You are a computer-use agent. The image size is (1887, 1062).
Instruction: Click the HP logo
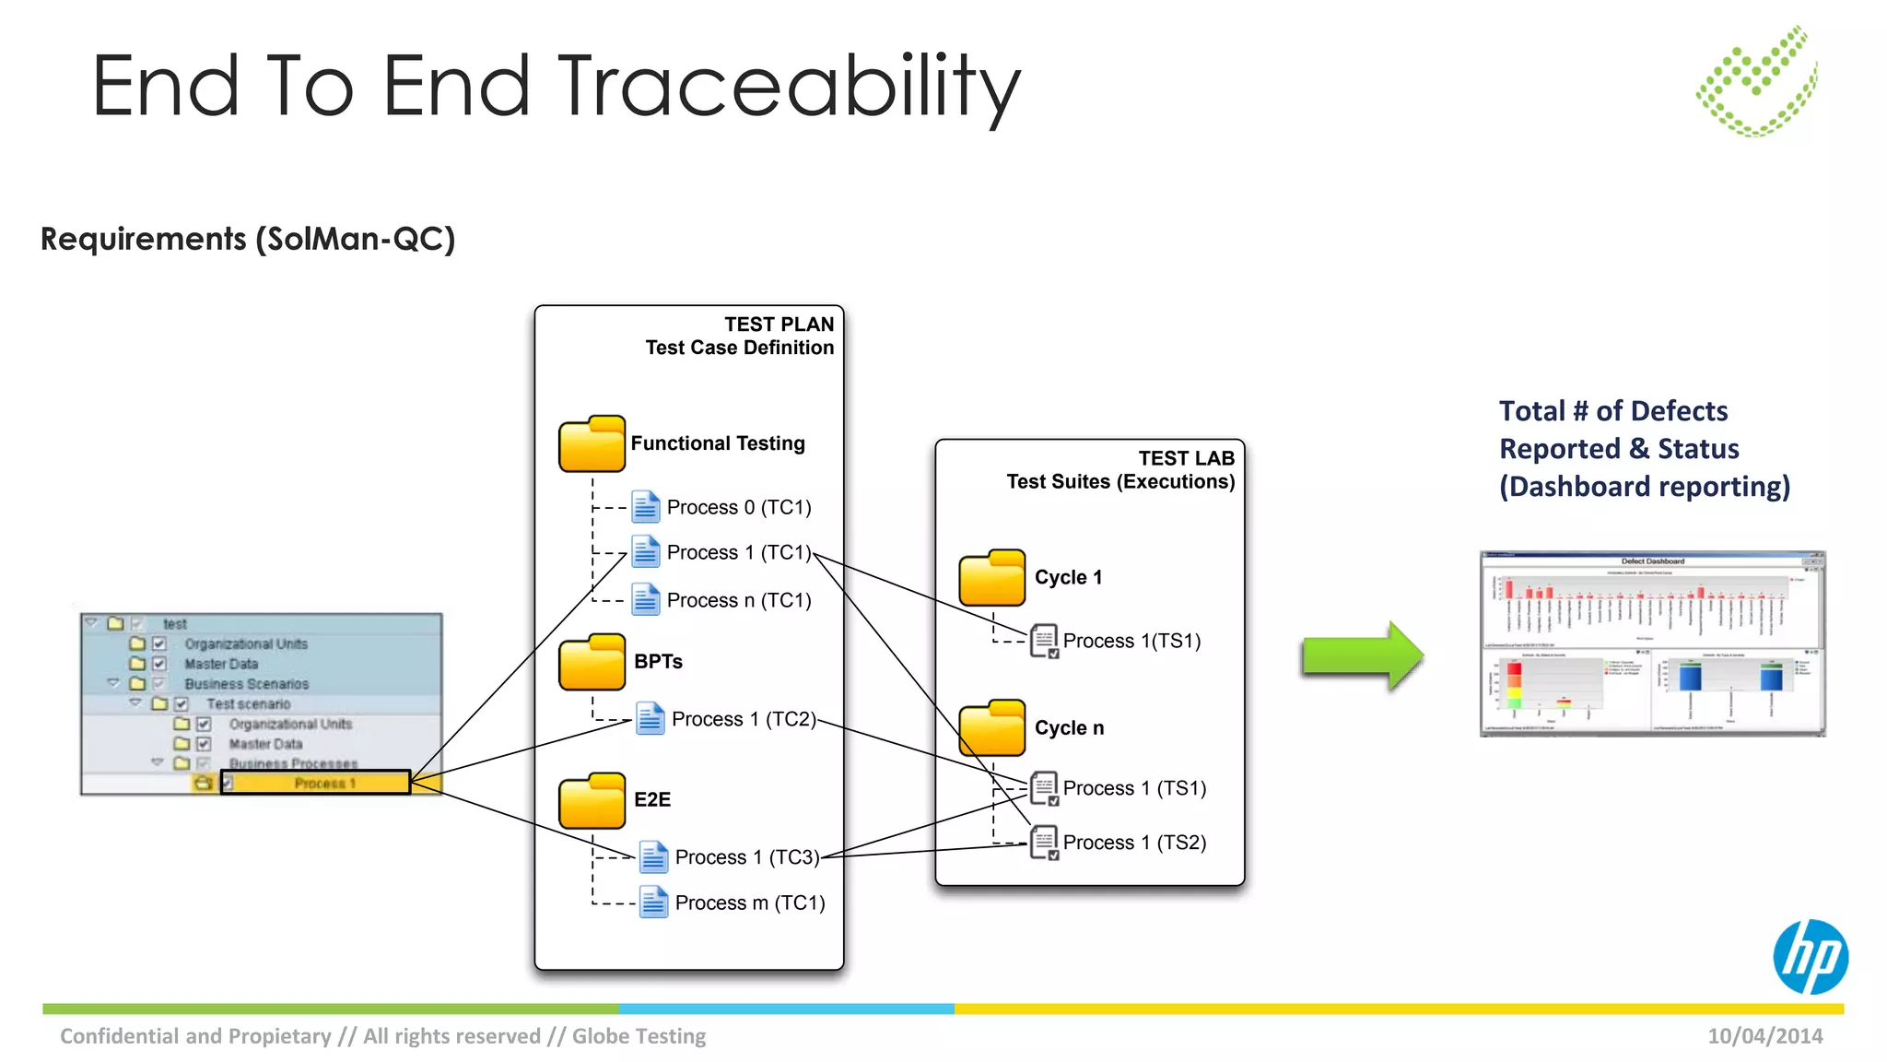[1810, 957]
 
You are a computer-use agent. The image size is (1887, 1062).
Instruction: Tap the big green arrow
[1362, 655]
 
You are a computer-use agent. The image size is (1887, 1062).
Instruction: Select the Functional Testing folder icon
[592, 444]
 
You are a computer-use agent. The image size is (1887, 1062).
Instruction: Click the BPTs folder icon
[592, 662]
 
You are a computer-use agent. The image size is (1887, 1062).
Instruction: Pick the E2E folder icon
[592, 800]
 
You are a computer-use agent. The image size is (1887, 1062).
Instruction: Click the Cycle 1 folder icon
[991, 578]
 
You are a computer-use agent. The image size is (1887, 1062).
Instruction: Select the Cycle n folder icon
[991, 727]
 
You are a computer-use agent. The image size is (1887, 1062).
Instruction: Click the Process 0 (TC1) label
[739, 507]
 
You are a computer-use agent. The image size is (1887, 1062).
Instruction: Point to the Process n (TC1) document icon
[645, 600]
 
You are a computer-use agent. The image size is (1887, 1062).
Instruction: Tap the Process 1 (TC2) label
[744, 719]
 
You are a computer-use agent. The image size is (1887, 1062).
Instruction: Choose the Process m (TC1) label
[749, 903]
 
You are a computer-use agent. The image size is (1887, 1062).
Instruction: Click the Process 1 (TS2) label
[1134, 843]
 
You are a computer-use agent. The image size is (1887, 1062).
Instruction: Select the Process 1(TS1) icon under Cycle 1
[1044, 641]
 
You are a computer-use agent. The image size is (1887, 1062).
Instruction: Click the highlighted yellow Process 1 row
[316, 784]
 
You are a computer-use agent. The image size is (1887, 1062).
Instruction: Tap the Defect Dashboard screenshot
[1651, 643]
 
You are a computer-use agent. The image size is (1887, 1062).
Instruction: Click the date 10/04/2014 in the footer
[1764, 1036]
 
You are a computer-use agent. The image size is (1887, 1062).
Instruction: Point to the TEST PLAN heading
[779, 324]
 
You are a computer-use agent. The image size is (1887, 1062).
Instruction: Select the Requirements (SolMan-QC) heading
[248, 239]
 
